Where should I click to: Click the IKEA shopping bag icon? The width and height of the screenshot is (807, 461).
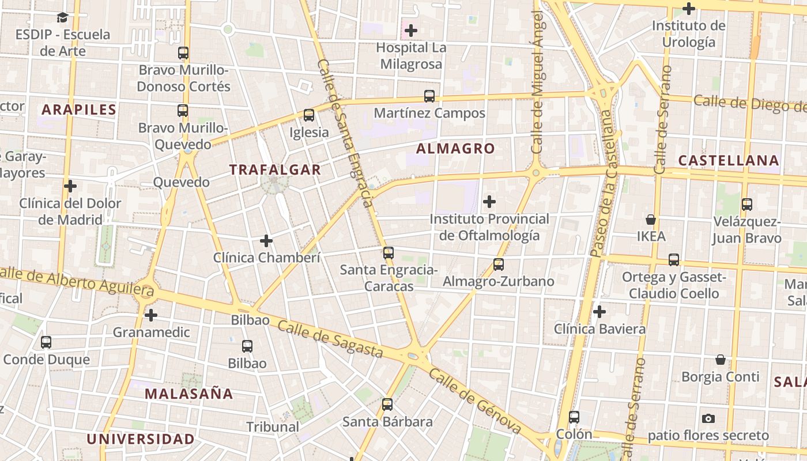click(x=651, y=220)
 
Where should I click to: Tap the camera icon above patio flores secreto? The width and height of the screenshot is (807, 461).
click(x=708, y=418)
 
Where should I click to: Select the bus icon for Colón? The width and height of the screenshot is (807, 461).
click(x=574, y=417)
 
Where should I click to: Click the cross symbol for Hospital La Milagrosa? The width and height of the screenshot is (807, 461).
click(x=411, y=30)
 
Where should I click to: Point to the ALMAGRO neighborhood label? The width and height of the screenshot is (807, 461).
click(x=455, y=149)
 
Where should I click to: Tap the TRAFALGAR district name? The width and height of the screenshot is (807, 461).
click(x=275, y=169)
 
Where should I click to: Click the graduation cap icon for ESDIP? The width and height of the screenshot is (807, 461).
click(x=63, y=18)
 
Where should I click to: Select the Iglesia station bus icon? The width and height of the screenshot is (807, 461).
click(x=309, y=115)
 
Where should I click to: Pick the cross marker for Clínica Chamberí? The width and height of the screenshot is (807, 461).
click(x=266, y=240)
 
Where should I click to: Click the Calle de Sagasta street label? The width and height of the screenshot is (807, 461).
click(x=330, y=339)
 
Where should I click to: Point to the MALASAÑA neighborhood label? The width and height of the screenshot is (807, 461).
click(x=188, y=394)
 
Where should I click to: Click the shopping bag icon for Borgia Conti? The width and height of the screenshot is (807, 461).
click(x=721, y=360)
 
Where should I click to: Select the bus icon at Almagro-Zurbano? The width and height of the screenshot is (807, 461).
click(x=499, y=264)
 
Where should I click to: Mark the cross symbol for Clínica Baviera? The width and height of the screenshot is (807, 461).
click(x=599, y=312)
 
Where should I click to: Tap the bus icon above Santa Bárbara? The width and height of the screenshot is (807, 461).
click(x=387, y=405)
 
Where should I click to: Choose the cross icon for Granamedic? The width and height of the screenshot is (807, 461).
click(x=151, y=315)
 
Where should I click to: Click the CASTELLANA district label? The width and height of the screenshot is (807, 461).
click(x=729, y=161)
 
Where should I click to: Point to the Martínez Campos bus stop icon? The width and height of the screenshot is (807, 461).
click(x=429, y=96)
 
